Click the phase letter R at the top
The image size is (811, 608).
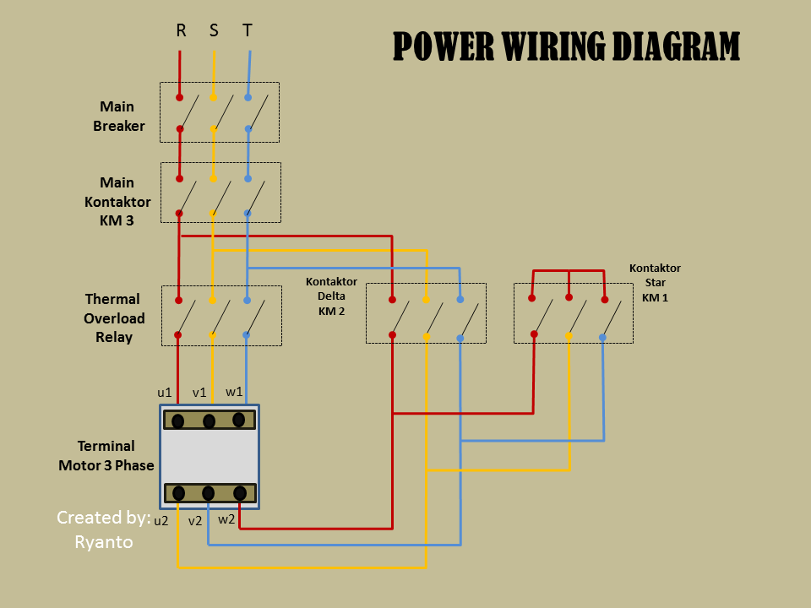[x=181, y=30]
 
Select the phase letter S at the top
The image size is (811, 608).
[x=214, y=30]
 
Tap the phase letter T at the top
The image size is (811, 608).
[x=247, y=30]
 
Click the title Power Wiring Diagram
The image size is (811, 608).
[x=566, y=47]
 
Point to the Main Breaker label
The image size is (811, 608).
[x=118, y=117]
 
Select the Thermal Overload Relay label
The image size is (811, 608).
[x=113, y=318]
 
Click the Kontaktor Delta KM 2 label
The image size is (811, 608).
[x=331, y=296]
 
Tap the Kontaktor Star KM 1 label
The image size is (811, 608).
[x=655, y=283]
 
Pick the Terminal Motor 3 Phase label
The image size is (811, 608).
[x=106, y=455]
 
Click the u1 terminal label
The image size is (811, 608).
[x=165, y=393]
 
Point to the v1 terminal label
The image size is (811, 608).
[x=199, y=393]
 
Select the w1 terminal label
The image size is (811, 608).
[x=234, y=392]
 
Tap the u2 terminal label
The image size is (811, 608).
[x=161, y=521]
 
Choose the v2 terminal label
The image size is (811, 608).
[x=195, y=521]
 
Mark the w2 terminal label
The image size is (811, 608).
[x=226, y=519]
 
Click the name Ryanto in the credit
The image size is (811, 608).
[x=104, y=542]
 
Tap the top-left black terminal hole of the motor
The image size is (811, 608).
[x=178, y=421]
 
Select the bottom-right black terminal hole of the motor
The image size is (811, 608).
[x=240, y=493]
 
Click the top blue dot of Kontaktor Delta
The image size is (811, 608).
[x=460, y=299]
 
